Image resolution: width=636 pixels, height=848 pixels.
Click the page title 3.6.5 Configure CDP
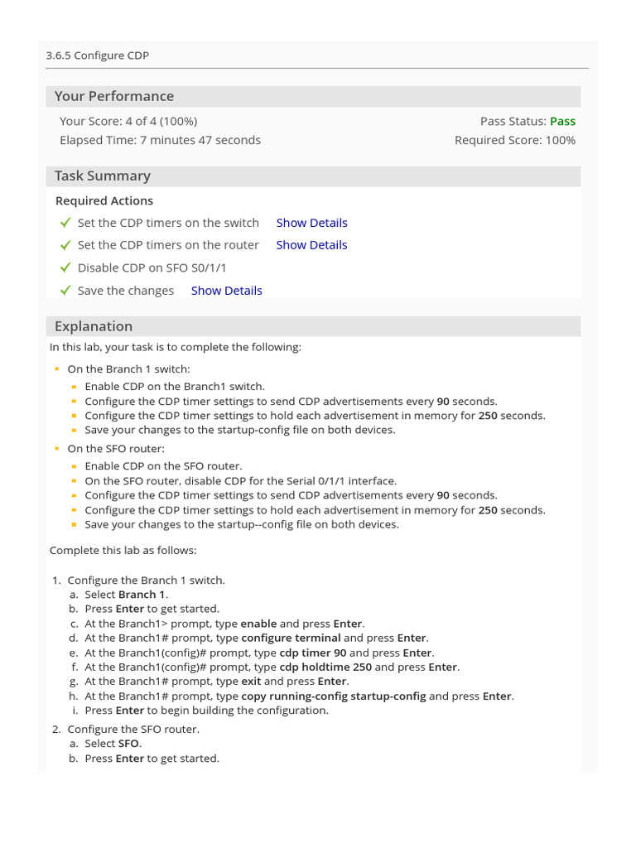(x=98, y=55)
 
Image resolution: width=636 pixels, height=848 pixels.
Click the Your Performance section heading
(x=114, y=96)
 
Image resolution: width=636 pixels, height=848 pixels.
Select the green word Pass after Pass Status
(x=562, y=121)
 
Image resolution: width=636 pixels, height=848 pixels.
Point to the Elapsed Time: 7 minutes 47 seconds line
(x=160, y=140)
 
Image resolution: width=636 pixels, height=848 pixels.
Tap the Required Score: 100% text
(x=514, y=140)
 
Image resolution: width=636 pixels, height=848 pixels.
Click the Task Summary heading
(x=103, y=176)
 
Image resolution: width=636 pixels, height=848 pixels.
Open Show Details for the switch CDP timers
(x=311, y=223)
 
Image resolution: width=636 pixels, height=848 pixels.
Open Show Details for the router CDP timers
(x=311, y=245)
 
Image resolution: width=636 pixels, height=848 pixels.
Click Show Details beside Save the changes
(x=226, y=291)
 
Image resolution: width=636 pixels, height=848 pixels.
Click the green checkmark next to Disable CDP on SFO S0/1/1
(x=65, y=267)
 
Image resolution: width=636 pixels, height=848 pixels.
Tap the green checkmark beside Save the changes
(x=65, y=291)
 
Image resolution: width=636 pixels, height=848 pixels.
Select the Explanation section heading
(x=94, y=326)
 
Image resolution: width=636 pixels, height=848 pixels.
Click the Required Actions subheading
(x=104, y=200)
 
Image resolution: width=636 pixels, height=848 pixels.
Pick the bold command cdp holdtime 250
(x=325, y=667)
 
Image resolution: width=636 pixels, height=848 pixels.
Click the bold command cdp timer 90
(x=313, y=653)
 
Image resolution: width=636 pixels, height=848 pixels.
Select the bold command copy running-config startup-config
(x=333, y=696)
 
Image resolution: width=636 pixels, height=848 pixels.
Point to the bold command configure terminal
(x=291, y=638)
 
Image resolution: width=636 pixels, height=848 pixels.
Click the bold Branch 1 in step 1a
(x=142, y=595)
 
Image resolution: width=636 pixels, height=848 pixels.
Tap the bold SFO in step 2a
(x=129, y=744)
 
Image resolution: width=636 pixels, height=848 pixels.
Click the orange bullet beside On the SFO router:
(x=57, y=449)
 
